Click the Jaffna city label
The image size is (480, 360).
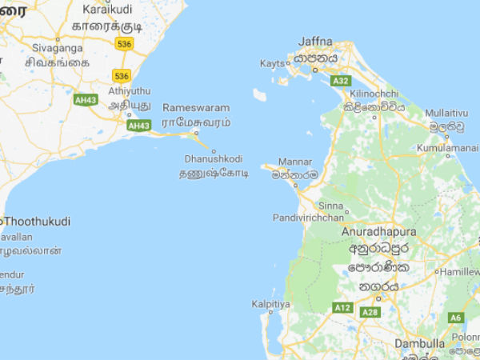pyautogui.click(x=314, y=41)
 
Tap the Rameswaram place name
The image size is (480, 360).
pyautogui.click(x=196, y=107)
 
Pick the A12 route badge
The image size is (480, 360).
pyautogui.click(x=342, y=307)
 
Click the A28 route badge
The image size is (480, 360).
pyautogui.click(x=370, y=312)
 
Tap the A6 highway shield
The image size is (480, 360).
pyautogui.click(x=456, y=318)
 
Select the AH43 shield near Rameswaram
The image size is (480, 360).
pyautogui.click(x=138, y=126)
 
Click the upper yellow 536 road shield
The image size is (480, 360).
pyautogui.click(x=122, y=44)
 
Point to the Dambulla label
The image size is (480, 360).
pyautogui.click(x=419, y=343)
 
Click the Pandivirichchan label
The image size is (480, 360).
pyautogui.click(x=308, y=217)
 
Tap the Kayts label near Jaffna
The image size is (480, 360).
pyautogui.click(x=272, y=63)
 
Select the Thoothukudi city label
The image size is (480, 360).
pyautogui.click(x=37, y=221)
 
